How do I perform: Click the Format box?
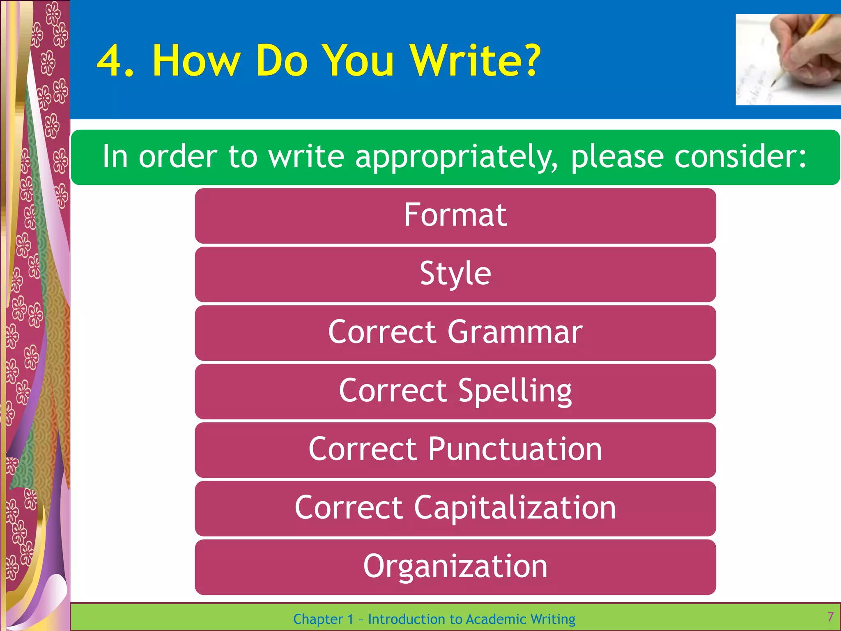[455, 216]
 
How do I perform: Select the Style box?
[455, 274]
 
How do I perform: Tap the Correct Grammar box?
[455, 333]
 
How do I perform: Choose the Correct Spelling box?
[455, 391]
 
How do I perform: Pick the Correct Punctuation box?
[455, 450]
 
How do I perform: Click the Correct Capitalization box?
[455, 508]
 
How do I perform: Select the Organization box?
[455, 567]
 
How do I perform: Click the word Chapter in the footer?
[318, 619]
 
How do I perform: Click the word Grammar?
[515, 333]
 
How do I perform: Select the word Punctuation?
[515, 449]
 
